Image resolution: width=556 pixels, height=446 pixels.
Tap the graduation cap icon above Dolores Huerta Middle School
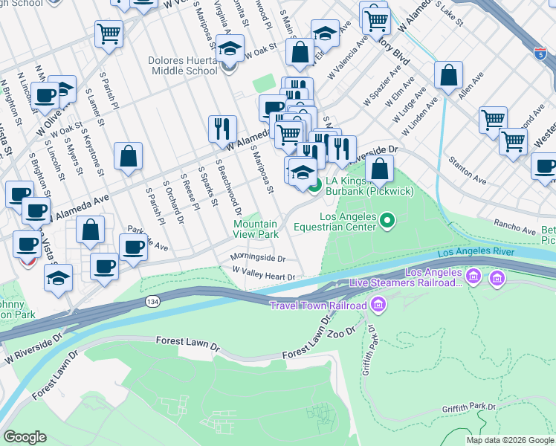click(232, 49)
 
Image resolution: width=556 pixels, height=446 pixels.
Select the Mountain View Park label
click(256, 229)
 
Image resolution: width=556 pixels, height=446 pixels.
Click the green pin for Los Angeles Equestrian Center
click(387, 219)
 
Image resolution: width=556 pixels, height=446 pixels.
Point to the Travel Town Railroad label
click(318, 306)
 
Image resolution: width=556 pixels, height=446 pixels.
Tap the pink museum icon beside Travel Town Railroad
click(378, 305)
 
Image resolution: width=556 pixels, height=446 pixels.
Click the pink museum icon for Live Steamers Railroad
click(496, 278)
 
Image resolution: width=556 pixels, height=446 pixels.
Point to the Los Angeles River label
click(475, 253)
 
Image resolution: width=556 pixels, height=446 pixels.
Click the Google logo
click(25, 437)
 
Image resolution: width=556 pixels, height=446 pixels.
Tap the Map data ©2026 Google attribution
click(510, 440)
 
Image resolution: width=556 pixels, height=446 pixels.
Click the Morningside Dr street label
click(257, 259)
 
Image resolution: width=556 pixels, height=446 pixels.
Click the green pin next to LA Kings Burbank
click(314, 185)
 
